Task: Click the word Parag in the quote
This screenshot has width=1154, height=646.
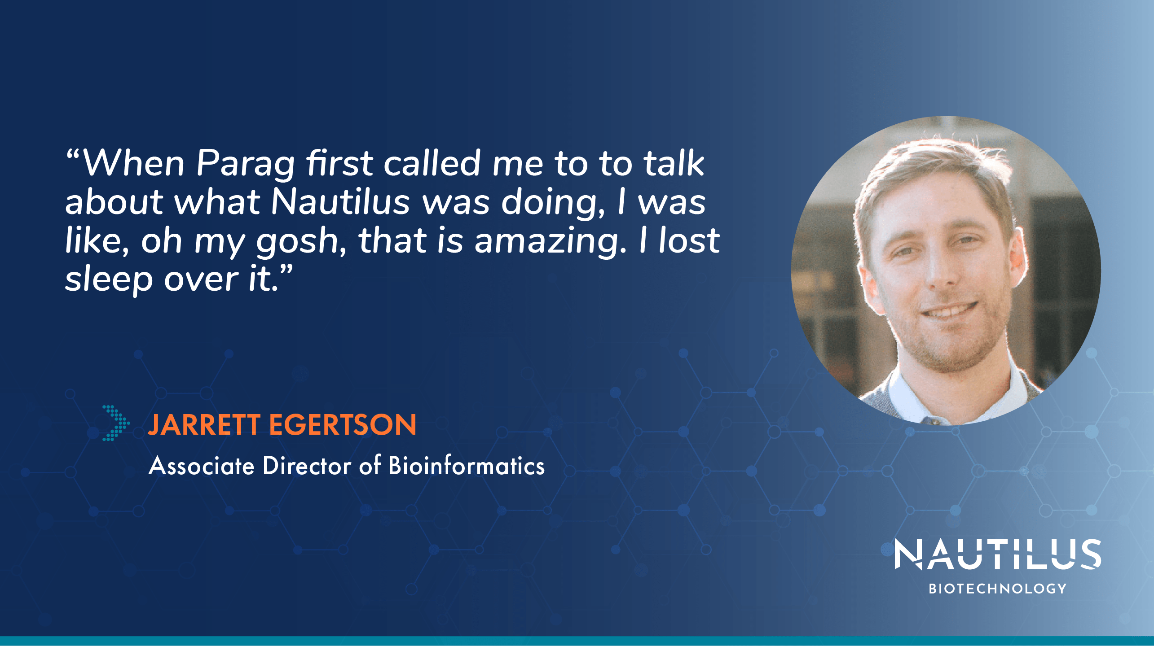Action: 245,164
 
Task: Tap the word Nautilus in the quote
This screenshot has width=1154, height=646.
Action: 340,202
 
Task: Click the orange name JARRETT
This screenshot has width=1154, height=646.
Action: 204,425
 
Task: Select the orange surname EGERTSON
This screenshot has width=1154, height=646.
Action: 343,425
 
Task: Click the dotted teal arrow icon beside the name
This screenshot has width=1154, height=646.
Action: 115,423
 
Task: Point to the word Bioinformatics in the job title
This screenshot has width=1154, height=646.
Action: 467,466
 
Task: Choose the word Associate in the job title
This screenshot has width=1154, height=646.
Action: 202,466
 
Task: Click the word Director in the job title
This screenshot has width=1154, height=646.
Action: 307,466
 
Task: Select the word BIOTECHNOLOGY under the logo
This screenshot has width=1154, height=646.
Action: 997,589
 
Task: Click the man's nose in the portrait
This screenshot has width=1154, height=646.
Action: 942,274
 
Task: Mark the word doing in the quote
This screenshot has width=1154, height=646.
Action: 553,203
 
